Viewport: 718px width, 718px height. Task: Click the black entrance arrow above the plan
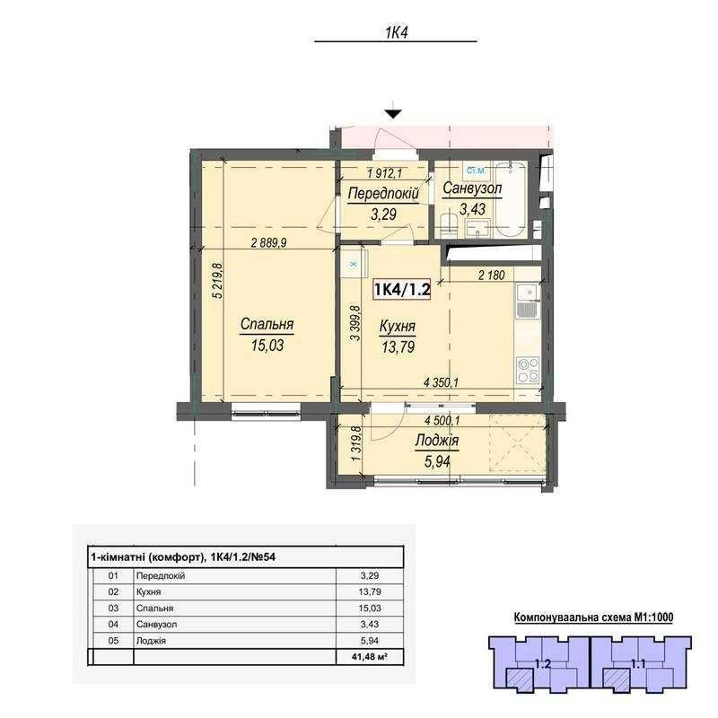(393, 114)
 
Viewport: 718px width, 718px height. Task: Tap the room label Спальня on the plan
(267, 324)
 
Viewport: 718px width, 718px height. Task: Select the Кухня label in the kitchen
(398, 327)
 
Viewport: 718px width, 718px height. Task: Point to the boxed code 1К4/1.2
(402, 289)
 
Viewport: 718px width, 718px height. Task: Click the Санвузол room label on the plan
(472, 188)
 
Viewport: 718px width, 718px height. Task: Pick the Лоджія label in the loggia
(437, 441)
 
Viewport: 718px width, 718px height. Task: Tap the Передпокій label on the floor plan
(383, 194)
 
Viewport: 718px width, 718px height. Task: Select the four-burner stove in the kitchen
(528, 370)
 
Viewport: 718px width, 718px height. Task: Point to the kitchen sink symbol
(529, 301)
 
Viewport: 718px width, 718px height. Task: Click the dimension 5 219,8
(218, 281)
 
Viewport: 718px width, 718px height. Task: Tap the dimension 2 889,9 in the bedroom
(268, 242)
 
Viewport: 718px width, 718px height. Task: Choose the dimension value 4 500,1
(442, 420)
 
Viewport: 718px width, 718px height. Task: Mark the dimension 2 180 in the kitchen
(491, 275)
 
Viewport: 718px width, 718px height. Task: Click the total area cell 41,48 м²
(370, 657)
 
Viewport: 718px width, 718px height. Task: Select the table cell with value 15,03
(370, 609)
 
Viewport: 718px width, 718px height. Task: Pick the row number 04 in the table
(113, 624)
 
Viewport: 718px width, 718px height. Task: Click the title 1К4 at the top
(396, 32)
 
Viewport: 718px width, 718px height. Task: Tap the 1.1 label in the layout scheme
(638, 663)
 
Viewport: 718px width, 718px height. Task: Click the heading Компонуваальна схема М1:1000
(593, 617)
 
